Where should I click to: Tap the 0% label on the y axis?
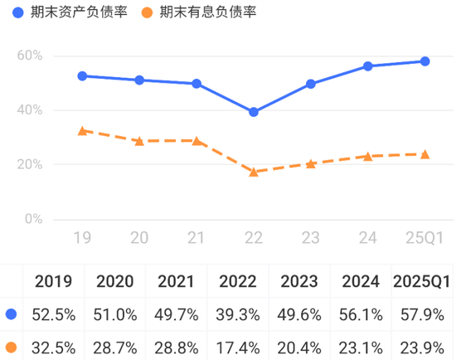32,219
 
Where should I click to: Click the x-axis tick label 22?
253,239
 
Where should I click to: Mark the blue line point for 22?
253,112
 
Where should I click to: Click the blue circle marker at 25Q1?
424,61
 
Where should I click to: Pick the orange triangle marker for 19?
82,130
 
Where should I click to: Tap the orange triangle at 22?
253,172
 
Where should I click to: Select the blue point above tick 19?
82,75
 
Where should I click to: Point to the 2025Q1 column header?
421,281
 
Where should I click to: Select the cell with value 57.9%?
421,314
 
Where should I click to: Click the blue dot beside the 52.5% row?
12,314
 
